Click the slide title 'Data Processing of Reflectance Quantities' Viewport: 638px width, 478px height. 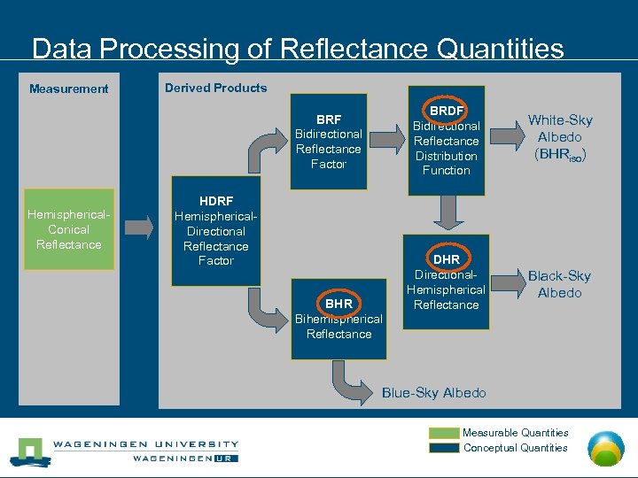click(x=297, y=48)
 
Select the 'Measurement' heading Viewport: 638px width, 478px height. click(x=69, y=89)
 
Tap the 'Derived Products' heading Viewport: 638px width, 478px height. click(x=215, y=88)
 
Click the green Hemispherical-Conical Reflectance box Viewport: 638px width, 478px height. click(x=69, y=229)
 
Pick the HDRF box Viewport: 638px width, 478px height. click(x=216, y=231)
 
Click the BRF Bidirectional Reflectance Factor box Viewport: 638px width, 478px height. click(x=329, y=142)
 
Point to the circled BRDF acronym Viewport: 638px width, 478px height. click(x=447, y=111)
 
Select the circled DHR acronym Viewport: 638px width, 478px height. click(x=447, y=258)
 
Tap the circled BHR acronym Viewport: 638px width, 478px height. click(x=338, y=304)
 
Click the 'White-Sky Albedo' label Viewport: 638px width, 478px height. click(x=560, y=136)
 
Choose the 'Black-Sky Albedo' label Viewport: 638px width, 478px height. click(x=559, y=284)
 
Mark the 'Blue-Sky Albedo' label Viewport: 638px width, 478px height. click(x=434, y=393)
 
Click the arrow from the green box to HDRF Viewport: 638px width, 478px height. click(x=142, y=230)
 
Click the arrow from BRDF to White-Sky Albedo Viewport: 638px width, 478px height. click(x=506, y=135)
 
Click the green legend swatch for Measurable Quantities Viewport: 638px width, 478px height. click(x=445, y=433)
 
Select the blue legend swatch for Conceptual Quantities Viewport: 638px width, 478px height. click(x=445, y=448)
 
